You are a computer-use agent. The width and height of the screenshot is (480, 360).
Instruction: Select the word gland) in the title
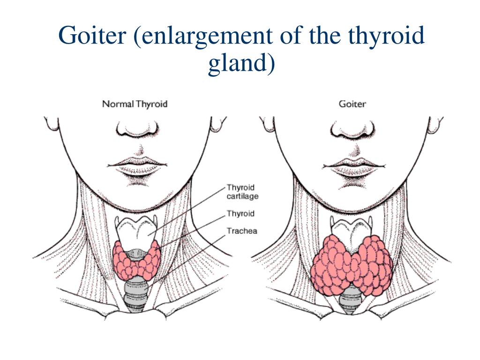point(240,64)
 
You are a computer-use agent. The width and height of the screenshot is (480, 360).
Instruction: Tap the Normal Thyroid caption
point(135,104)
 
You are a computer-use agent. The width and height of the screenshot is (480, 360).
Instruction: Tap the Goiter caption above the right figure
point(352,104)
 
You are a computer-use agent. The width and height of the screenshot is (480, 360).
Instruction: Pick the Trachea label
point(242,231)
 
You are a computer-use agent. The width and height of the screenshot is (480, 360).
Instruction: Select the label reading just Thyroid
point(240,214)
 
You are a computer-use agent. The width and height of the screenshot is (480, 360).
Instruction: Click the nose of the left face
point(138,128)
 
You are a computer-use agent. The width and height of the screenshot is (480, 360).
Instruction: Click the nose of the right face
point(352,128)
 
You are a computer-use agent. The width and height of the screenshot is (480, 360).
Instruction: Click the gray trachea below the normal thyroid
point(136,293)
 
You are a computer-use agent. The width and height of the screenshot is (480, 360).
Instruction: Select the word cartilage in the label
point(242,196)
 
